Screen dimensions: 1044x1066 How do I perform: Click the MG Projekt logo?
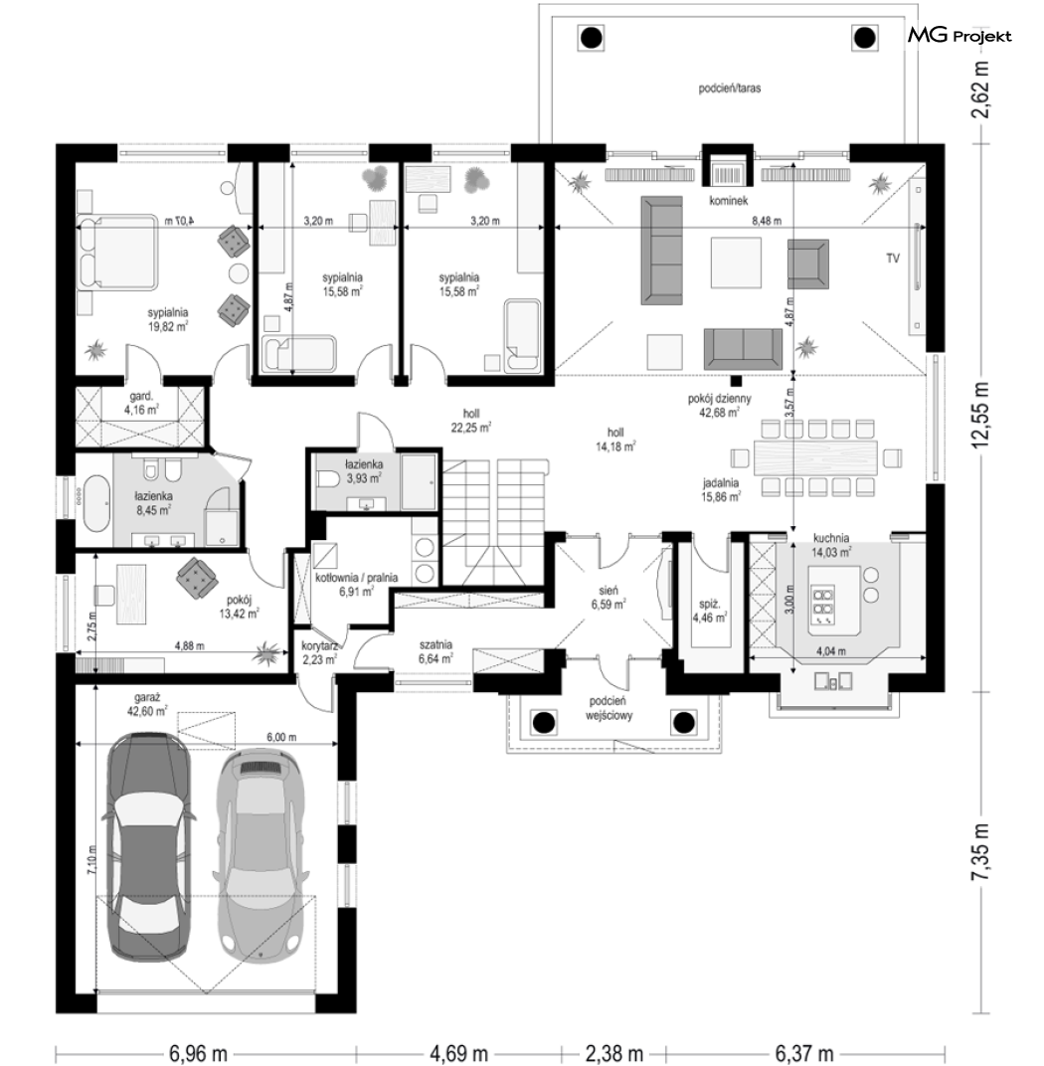tap(959, 36)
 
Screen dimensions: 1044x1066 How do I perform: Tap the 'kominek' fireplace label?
tap(728, 201)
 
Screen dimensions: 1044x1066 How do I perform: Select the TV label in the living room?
tap(893, 259)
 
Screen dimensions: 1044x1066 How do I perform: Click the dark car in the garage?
tap(150, 845)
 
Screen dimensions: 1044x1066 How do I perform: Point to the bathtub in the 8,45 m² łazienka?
tap(97, 504)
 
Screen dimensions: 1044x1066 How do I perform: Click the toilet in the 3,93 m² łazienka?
tap(329, 480)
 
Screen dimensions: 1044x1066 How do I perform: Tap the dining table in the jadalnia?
tap(815, 457)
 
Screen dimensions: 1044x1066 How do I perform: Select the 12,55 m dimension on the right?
tap(979, 415)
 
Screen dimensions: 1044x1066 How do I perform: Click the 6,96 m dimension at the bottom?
tap(198, 1053)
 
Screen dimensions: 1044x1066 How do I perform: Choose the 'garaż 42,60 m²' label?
tap(150, 704)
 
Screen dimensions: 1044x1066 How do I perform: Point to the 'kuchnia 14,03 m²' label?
tap(830, 545)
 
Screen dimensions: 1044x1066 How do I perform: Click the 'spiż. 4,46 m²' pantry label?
tap(710, 611)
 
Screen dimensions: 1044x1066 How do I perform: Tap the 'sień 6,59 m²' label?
tap(609, 597)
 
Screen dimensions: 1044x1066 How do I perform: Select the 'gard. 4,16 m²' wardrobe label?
tap(141, 403)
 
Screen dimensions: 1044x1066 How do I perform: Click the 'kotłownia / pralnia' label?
tap(357, 578)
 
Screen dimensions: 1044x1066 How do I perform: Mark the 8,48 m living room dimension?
tap(766, 221)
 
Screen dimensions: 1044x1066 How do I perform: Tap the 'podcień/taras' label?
tap(729, 89)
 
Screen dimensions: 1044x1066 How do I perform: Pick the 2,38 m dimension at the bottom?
tap(613, 1053)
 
